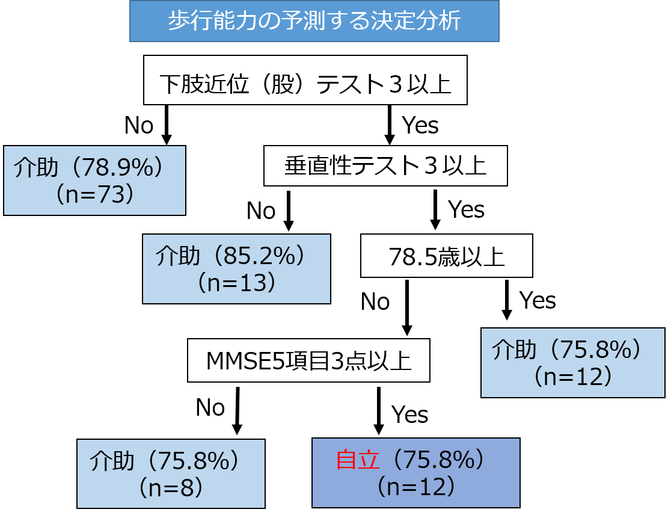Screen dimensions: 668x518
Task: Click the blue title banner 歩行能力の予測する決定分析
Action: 314,21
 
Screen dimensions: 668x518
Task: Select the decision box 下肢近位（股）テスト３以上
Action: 305,80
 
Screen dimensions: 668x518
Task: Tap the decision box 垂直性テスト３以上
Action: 385,166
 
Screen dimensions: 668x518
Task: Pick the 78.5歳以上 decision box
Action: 447,256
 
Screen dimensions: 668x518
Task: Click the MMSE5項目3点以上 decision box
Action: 309,360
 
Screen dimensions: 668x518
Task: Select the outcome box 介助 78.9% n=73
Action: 94,180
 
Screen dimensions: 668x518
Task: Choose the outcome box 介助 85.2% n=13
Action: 236,268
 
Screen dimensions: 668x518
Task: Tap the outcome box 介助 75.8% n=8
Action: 171,473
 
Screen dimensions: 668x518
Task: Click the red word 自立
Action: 357,460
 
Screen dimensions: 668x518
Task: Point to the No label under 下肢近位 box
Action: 139,125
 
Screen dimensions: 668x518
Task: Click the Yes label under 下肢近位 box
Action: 420,125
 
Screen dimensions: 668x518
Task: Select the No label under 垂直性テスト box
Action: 261,211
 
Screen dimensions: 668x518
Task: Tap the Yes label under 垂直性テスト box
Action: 466,210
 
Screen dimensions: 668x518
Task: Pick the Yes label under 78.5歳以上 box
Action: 538,301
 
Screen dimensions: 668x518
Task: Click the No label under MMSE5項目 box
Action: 210,407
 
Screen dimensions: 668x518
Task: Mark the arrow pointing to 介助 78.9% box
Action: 167,125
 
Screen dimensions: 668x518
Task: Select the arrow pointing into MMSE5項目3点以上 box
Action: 407,308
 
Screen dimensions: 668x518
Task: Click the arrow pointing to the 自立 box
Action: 378,411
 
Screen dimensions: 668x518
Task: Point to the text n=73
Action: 95,194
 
